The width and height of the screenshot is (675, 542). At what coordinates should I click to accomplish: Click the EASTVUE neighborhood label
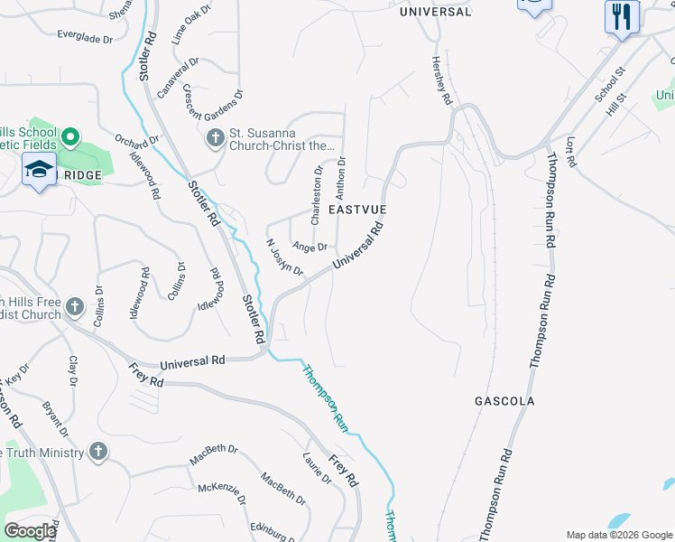(357, 209)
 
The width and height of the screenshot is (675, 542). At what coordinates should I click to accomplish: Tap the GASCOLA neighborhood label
(504, 400)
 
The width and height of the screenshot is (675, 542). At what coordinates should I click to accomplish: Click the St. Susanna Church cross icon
(215, 138)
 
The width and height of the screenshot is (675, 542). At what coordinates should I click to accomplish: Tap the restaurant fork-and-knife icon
(622, 17)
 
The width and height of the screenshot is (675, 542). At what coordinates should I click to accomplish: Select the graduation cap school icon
(40, 171)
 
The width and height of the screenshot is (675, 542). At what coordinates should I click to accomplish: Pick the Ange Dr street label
(310, 247)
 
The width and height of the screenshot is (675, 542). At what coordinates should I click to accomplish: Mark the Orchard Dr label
(137, 144)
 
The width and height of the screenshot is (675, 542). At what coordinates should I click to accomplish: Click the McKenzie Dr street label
(222, 493)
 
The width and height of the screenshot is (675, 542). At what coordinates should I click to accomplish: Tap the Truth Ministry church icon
(98, 451)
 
